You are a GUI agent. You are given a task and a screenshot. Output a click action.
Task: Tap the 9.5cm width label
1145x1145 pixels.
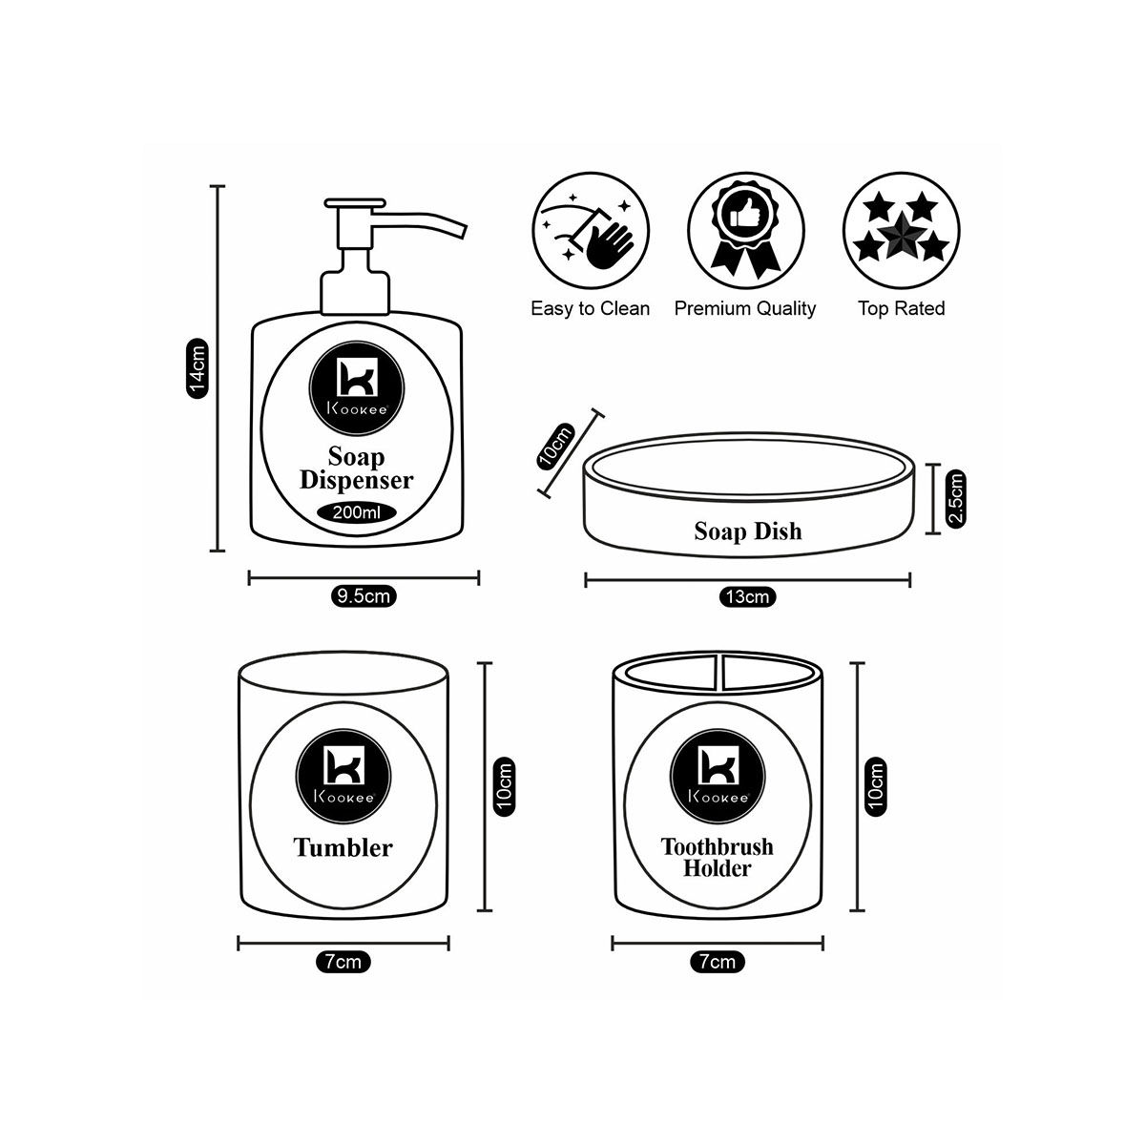(364, 597)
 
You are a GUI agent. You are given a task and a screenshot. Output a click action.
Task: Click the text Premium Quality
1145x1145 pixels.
(745, 308)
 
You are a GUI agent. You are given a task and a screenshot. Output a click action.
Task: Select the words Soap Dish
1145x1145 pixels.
(748, 531)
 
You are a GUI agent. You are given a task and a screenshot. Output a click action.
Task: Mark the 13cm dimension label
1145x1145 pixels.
(747, 598)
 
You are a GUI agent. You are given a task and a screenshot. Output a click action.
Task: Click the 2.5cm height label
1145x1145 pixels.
(956, 498)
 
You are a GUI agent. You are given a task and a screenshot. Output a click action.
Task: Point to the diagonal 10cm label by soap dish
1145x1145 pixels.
(556, 445)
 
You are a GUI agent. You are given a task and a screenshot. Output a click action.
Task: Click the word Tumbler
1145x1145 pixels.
(343, 847)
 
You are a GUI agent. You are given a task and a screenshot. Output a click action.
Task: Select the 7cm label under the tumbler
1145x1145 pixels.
(343, 962)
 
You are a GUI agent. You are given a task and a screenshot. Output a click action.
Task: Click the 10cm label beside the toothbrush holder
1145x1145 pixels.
(875, 785)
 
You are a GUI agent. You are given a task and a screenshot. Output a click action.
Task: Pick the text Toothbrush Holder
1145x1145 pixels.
(718, 857)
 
